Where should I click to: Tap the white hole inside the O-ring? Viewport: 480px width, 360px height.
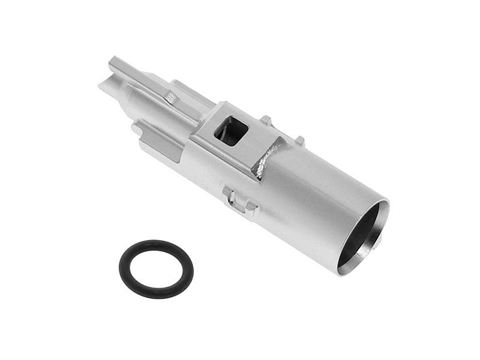(155, 269)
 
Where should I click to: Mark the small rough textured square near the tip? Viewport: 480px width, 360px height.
(171, 96)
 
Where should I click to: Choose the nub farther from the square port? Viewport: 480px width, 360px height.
(299, 141)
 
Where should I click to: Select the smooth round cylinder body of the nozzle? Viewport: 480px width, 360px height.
(312, 198)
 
